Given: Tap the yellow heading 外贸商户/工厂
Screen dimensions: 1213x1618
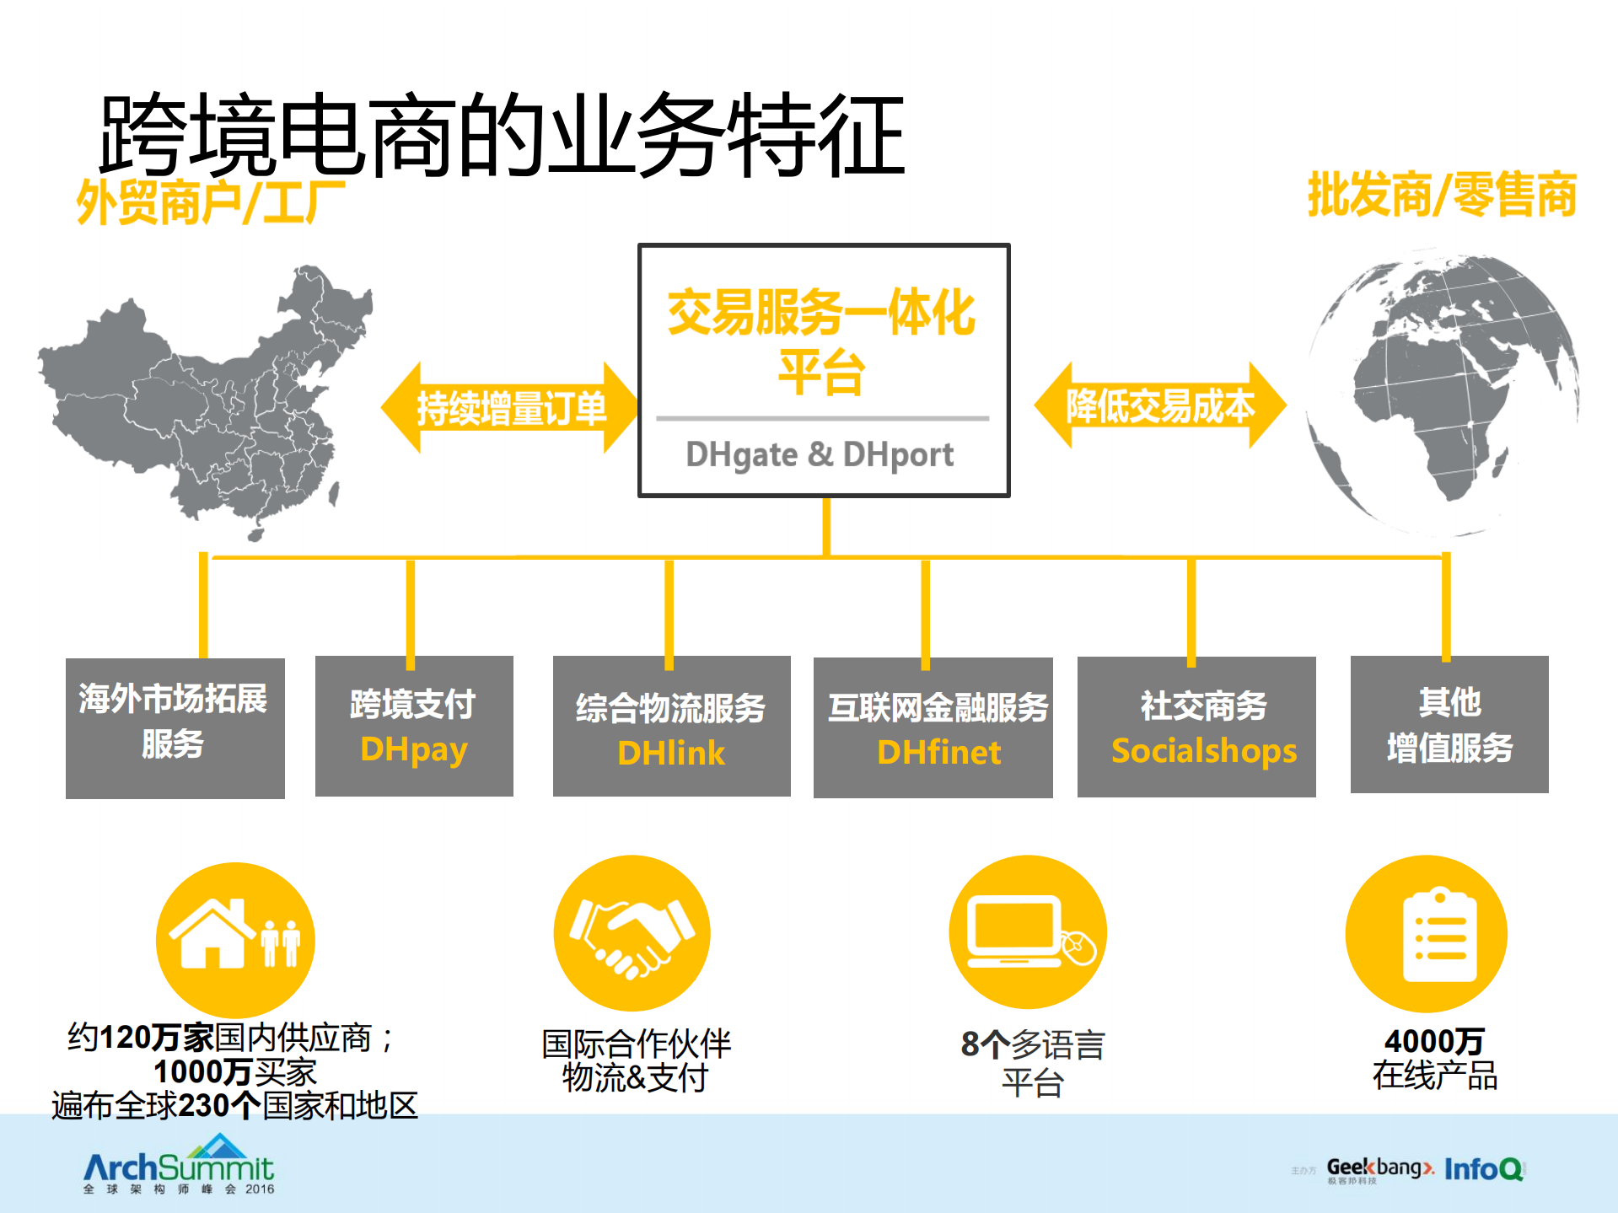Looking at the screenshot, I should (x=211, y=202).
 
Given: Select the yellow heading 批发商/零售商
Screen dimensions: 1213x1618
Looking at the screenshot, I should (x=1441, y=195).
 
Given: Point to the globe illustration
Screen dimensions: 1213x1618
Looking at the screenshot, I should (x=1442, y=392).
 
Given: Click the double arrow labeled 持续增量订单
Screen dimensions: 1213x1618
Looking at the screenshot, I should (x=511, y=408).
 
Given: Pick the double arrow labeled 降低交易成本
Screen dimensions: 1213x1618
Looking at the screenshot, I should (x=1160, y=405).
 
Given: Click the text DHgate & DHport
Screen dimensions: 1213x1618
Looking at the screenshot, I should (x=820, y=454).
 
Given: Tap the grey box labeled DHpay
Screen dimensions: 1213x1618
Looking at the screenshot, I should (x=414, y=726).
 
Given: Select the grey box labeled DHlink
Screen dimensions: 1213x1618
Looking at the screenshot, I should (x=671, y=727).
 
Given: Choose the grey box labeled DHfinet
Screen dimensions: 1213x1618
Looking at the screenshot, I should (x=933, y=727).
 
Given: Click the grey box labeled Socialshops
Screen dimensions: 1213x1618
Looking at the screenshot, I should (x=1196, y=727).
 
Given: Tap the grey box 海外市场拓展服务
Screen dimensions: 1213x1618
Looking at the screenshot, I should (x=175, y=727).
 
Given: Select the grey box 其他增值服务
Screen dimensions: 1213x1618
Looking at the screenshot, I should (x=1449, y=724).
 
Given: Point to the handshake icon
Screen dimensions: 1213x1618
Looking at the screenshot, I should (x=632, y=933).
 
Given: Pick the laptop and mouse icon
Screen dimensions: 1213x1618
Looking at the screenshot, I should (x=1028, y=932).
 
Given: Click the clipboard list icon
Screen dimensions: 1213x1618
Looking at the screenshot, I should (x=1426, y=934).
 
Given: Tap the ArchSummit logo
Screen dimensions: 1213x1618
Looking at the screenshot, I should (x=179, y=1167).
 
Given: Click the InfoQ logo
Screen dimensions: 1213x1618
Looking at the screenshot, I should (x=1483, y=1168).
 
